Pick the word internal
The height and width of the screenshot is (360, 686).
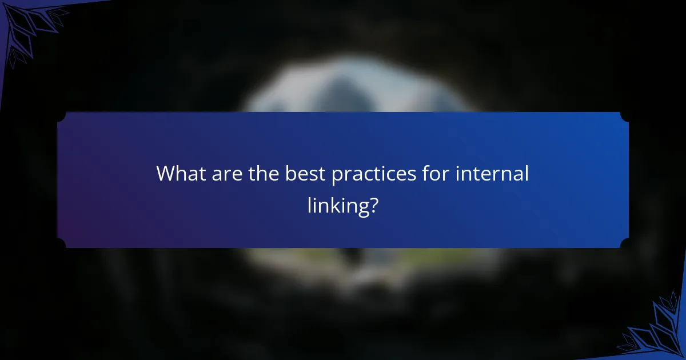click(x=492, y=173)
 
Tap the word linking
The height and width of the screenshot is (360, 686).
click(x=336, y=206)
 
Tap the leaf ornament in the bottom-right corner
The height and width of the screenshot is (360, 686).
click(x=657, y=331)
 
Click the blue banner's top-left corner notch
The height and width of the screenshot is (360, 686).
click(x=61, y=116)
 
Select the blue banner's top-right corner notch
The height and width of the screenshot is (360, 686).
click(x=625, y=116)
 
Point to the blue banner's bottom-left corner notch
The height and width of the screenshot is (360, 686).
click(x=61, y=244)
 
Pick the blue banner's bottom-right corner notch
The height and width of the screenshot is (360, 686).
click(x=625, y=244)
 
